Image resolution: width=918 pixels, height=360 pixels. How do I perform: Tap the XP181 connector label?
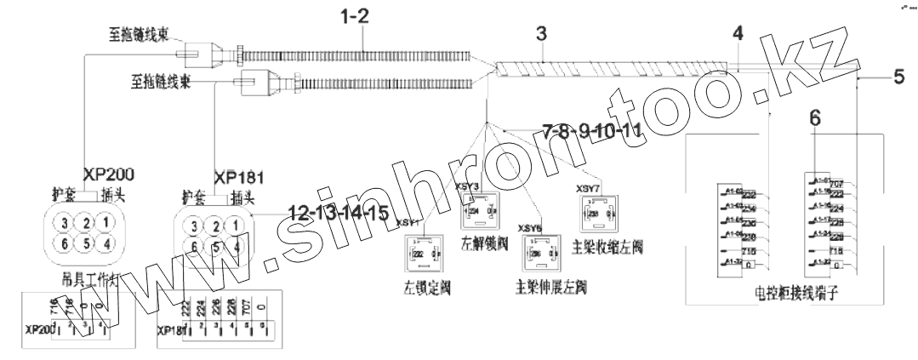[239, 178]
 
